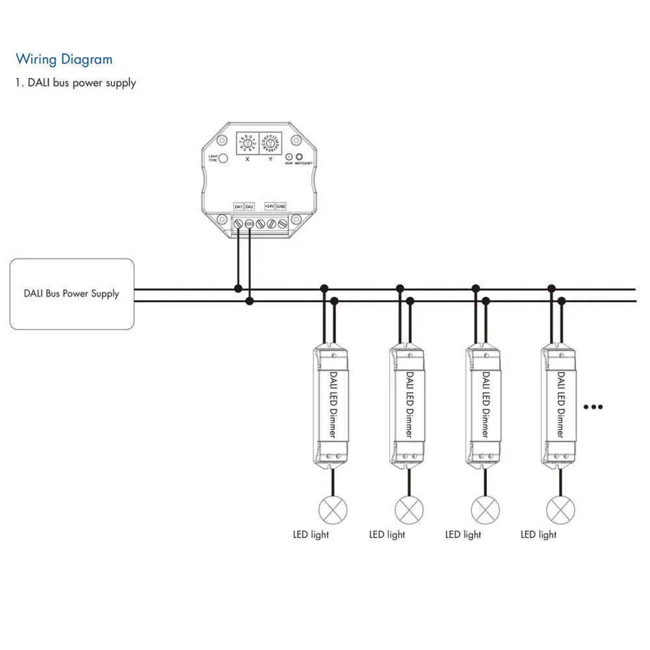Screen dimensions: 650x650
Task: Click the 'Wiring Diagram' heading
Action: pyautogui.click(x=64, y=60)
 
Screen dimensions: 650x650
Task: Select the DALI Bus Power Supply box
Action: pyautogui.click(x=71, y=293)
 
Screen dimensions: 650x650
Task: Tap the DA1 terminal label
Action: pyautogui.click(x=239, y=207)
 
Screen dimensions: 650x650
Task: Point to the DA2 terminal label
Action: pyautogui.click(x=250, y=207)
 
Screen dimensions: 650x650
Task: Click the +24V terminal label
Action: pyautogui.click(x=270, y=207)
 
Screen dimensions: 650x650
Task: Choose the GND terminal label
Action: pyautogui.click(x=281, y=207)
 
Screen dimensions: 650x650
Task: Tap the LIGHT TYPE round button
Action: pyautogui.click(x=223, y=159)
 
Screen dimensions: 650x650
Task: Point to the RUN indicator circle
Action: pyautogui.click(x=289, y=157)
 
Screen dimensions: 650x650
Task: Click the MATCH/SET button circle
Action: pyautogui.click(x=300, y=157)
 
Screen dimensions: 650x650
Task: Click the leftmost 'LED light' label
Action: pyautogui.click(x=311, y=534)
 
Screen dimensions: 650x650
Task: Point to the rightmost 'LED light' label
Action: pyautogui.click(x=539, y=534)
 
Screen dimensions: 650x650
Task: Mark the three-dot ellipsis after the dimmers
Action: pyautogui.click(x=593, y=408)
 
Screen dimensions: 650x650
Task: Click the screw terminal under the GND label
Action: pyautogui.click(x=283, y=224)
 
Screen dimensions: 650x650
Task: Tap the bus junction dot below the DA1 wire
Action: pyautogui.click(x=239, y=288)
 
